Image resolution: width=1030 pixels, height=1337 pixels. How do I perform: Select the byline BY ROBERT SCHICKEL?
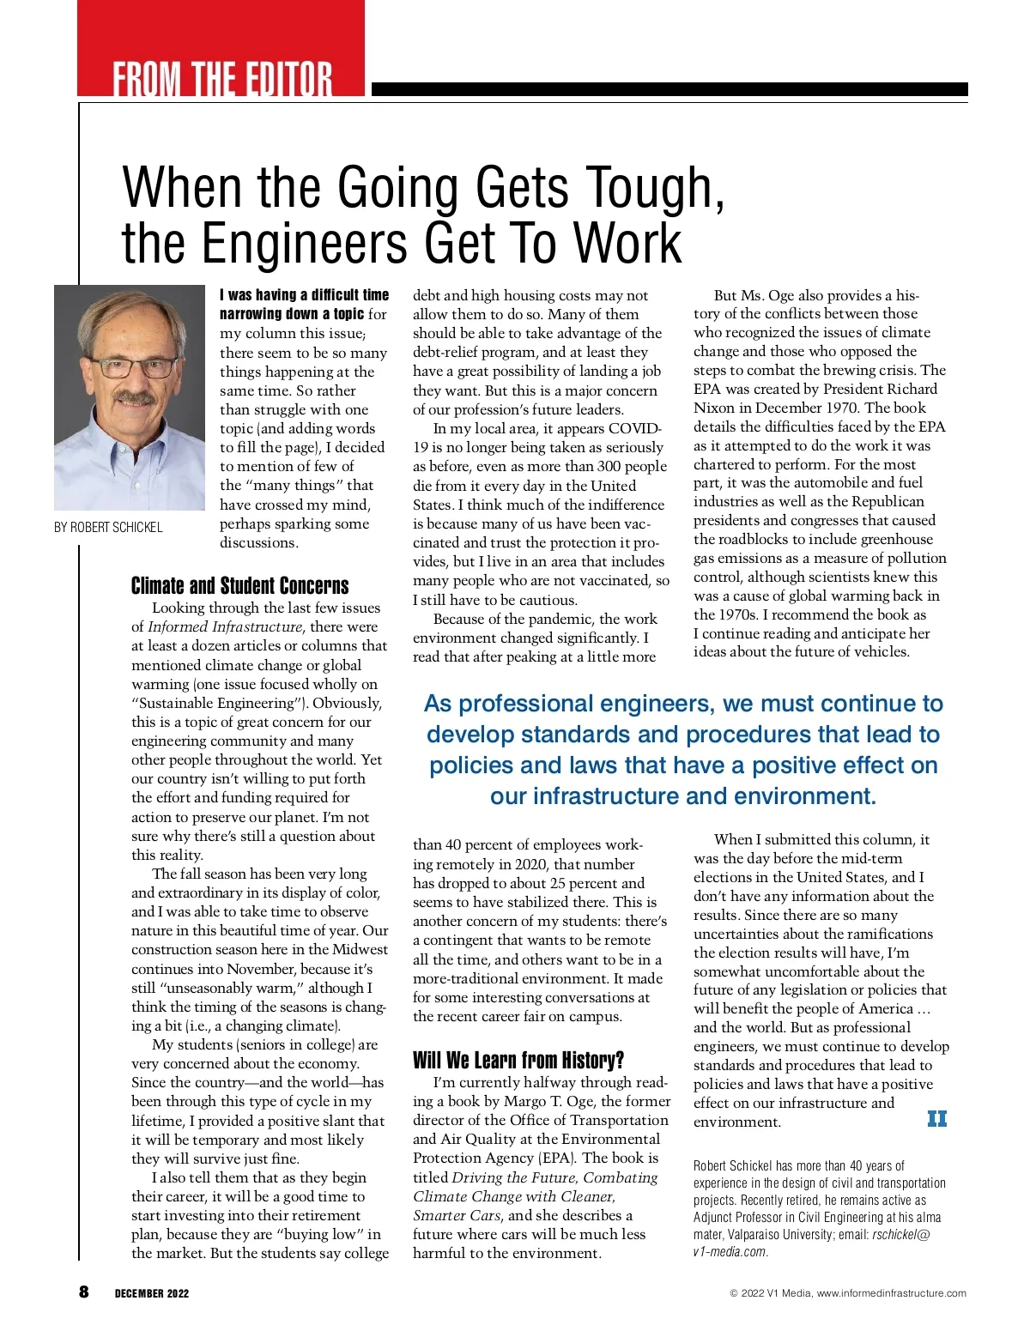pyautogui.click(x=108, y=527)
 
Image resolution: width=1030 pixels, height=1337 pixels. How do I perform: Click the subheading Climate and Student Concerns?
pyautogui.click(x=239, y=586)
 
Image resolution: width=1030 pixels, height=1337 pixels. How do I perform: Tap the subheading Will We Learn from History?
pyautogui.click(x=518, y=1060)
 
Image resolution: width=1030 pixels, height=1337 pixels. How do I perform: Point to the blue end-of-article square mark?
pyautogui.click(x=936, y=1118)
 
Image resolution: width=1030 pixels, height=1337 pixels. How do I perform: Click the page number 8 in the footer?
pyautogui.click(x=83, y=1292)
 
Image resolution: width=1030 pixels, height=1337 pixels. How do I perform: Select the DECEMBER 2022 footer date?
pyautogui.click(x=152, y=1293)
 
